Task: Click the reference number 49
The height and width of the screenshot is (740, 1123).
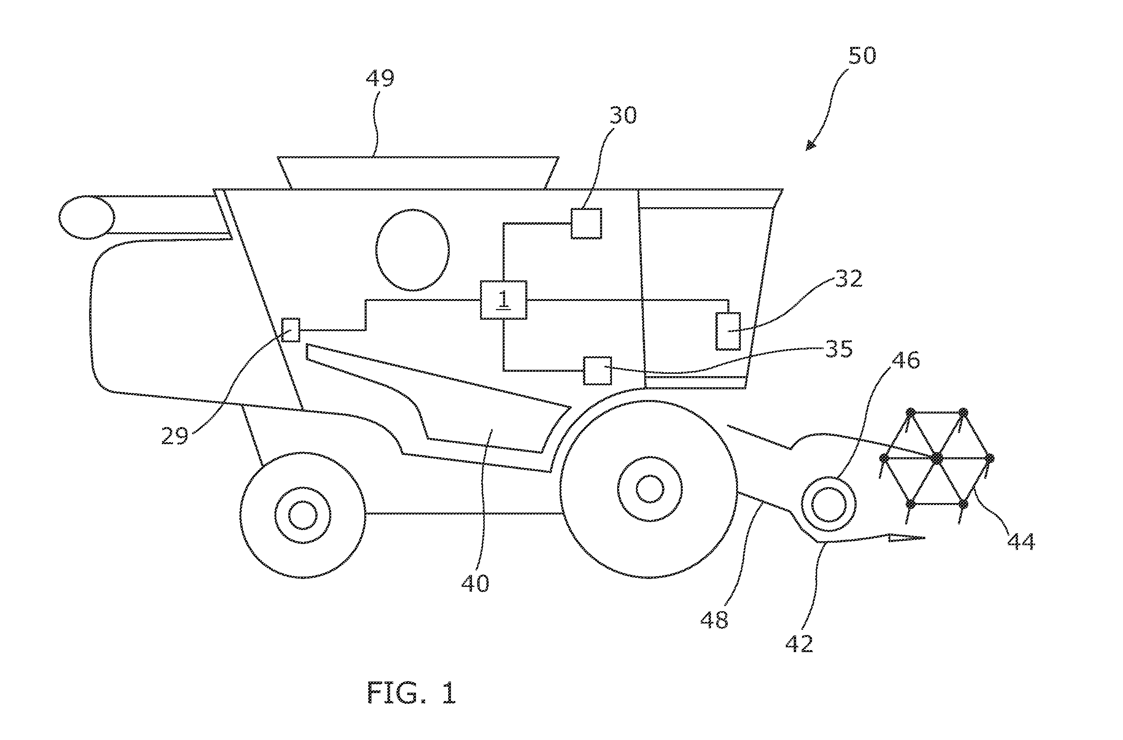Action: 380,78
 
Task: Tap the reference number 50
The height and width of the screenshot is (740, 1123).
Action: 862,56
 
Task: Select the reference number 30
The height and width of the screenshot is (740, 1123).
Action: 623,115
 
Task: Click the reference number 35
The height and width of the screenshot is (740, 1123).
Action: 839,349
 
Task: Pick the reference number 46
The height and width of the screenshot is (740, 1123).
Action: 906,361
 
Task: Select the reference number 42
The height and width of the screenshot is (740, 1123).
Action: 799,643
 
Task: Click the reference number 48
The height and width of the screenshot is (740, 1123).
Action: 714,620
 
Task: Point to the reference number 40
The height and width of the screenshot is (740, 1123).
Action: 476,584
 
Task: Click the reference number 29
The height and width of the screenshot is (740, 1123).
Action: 175,435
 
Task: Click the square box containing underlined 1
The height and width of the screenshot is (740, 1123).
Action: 503,300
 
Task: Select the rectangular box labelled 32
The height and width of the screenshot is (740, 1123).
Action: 728,331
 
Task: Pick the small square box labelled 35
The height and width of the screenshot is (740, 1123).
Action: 598,371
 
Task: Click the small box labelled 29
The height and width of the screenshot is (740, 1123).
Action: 291,330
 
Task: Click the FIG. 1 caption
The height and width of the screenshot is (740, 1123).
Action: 412,693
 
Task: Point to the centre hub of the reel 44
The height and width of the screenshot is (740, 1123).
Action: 937,458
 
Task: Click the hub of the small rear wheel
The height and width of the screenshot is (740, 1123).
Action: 303,515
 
